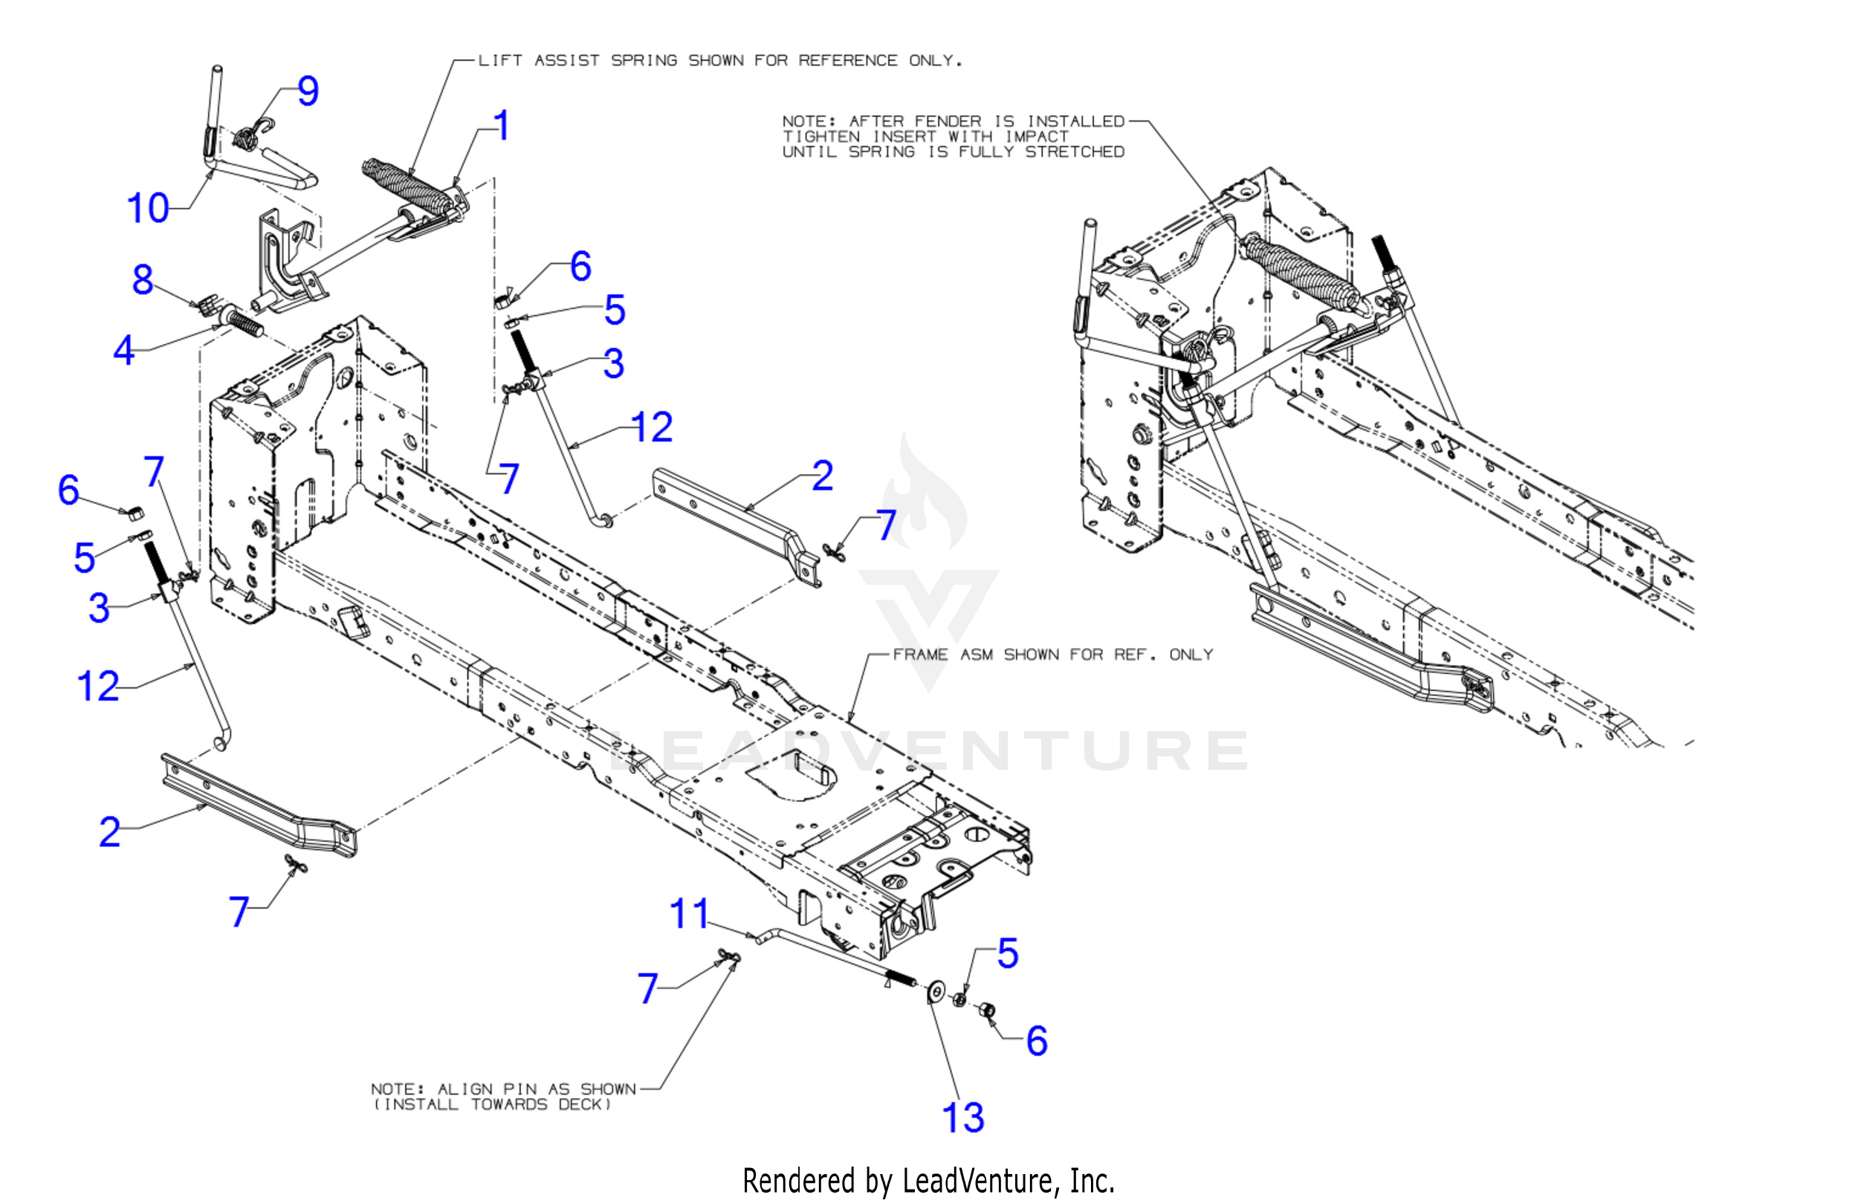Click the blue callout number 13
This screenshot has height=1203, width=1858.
click(962, 1117)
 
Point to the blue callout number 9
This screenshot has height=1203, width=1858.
click(308, 91)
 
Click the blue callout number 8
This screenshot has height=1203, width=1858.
click(142, 279)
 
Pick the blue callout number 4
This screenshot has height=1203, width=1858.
click(123, 350)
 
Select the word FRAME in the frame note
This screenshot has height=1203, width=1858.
click(920, 654)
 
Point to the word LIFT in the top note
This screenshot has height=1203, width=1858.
click(499, 60)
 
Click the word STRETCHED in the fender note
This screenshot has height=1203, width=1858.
click(1074, 152)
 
